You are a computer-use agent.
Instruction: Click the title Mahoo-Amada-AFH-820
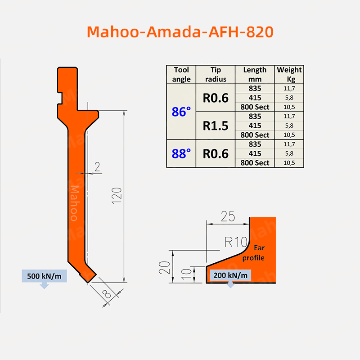(180, 32)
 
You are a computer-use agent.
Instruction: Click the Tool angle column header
(181, 75)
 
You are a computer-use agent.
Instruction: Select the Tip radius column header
(216, 75)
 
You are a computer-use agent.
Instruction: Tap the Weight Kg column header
(289, 75)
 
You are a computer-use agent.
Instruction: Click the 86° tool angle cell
(181, 112)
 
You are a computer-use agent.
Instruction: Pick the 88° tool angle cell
(181, 153)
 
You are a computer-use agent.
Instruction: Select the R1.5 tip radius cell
(216, 126)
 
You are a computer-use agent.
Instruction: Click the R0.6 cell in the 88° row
(216, 153)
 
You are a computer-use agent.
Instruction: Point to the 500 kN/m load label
(44, 276)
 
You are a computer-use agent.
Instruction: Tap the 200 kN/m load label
(230, 275)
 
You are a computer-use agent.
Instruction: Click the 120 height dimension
(117, 197)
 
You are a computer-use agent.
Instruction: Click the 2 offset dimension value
(97, 167)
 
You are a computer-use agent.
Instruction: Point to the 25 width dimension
(228, 216)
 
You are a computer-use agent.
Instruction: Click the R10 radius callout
(236, 243)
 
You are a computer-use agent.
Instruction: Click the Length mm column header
(255, 75)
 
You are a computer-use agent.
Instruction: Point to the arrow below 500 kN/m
(44, 286)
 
